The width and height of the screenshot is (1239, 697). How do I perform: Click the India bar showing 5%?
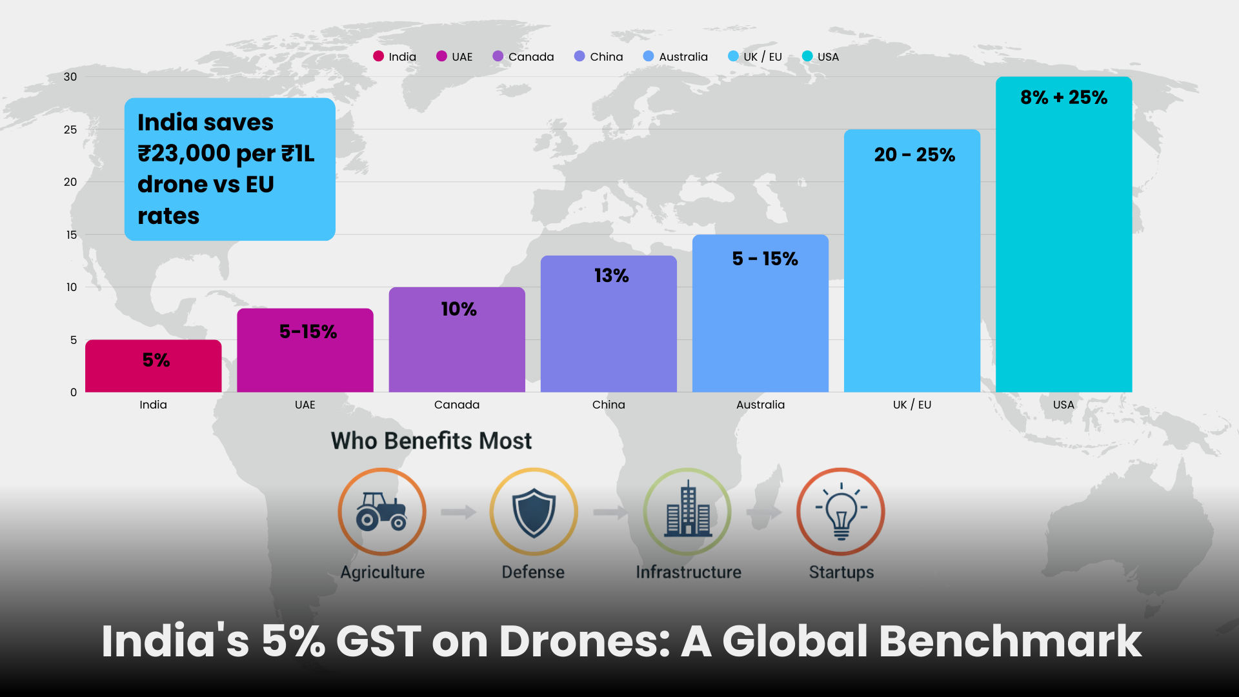tap(154, 366)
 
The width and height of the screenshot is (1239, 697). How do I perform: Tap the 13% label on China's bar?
tap(611, 276)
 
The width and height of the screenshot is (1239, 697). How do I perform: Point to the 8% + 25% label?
tap(1063, 97)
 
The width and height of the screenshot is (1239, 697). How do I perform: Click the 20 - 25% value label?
tap(914, 155)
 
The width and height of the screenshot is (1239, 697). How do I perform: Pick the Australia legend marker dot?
tap(649, 56)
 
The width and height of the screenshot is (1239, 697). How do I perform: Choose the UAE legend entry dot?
tap(441, 56)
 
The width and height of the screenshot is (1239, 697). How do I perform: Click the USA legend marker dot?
tap(807, 56)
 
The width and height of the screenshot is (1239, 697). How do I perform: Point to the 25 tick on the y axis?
tap(70, 130)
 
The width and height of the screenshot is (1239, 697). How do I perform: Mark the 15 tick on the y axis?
tap(71, 235)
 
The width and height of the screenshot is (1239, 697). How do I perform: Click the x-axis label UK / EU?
tap(912, 405)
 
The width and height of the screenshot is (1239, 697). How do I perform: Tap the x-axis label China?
tap(609, 405)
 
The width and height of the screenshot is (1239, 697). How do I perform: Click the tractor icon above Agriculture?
tap(382, 512)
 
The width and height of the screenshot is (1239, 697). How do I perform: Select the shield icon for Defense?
tap(534, 512)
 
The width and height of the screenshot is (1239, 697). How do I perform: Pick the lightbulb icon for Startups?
tap(841, 512)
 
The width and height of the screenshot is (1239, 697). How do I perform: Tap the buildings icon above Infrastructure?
tap(688, 512)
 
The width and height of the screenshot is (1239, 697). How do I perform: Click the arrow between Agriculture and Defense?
tap(458, 512)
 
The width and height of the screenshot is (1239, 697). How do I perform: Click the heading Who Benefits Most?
tap(431, 441)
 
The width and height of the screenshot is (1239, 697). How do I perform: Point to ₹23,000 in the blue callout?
tap(184, 154)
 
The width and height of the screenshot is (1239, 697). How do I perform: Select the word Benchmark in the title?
tap(1010, 641)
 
